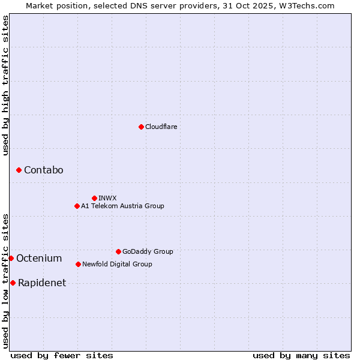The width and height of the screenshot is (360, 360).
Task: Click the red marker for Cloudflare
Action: (x=141, y=127)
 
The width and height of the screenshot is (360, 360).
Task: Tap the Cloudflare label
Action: (x=161, y=127)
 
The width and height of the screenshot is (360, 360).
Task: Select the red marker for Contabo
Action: (x=19, y=170)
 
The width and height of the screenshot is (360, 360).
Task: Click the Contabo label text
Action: (x=44, y=170)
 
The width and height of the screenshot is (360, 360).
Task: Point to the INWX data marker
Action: (x=94, y=198)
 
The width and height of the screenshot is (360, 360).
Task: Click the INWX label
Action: (x=107, y=198)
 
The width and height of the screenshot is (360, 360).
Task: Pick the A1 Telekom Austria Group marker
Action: (x=77, y=206)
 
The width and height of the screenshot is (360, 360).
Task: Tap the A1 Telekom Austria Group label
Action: (x=122, y=206)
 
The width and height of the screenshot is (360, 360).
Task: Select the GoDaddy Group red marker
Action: (x=118, y=251)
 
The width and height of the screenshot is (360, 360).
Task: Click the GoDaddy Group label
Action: (x=148, y=251)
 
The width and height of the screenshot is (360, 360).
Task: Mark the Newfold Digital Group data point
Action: (x=78, y=264)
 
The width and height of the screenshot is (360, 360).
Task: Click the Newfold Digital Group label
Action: (x=117, y=264)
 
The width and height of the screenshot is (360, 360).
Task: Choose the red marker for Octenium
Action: (x=11, y=258)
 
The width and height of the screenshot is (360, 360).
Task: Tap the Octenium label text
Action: (x=39, y=259)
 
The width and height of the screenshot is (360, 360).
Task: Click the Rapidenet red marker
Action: (x=13, y=283)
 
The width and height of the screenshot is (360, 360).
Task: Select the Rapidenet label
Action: (x=42, y=283)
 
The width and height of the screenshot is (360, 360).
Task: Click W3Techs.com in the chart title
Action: (x=310, y=5)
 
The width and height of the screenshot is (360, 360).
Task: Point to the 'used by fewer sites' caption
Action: (x=62, y=355)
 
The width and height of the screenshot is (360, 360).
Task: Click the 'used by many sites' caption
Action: (x=301, y=355)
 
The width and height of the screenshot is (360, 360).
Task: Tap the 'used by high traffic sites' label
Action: (x=5, y=85)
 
